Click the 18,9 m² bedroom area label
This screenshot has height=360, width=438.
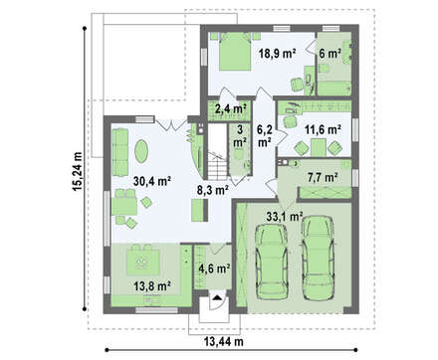(x=278, y=53)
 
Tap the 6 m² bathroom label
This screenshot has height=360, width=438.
(x=330, y=53)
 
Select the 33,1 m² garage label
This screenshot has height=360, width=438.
(x=285, y=217)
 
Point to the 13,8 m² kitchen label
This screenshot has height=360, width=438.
(x=152, y=285)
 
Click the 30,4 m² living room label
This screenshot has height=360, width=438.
(x=152, y=181)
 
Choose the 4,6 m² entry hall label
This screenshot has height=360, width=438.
(x=215, y=269)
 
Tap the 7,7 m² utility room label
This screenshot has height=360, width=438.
(x=323, y=178)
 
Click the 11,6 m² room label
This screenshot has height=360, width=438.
(x=324, y=130)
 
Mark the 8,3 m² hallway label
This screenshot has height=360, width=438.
(x=213, y=190)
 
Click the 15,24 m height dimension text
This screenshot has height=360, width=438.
(x=77, y=172)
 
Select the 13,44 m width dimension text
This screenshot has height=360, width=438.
(x=222, y=341)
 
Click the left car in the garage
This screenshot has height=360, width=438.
(x=272, y=262)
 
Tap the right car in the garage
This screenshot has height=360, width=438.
(x=318, y=258)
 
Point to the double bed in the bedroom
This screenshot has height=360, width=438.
(x=235, y=52)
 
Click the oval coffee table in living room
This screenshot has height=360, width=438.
(x=141, y=151)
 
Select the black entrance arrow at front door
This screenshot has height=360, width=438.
(x=217, y=297)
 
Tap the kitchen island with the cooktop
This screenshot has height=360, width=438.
(x=143, y=262)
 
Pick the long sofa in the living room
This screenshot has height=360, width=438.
(x=120, y=152)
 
